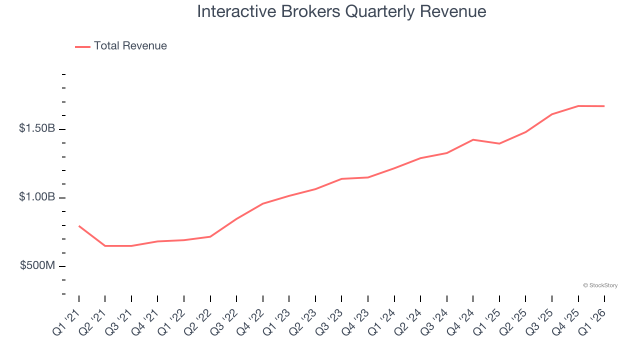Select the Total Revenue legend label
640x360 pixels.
(130, 46)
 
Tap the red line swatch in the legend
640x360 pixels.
(82, 46)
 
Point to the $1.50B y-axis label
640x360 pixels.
(37, 128)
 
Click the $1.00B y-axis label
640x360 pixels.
(37, 197)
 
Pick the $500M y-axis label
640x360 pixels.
(37, 265)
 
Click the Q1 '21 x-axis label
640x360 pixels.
(65, 321)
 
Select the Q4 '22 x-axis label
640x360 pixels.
(249, 321)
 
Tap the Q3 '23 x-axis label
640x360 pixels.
(328, 321)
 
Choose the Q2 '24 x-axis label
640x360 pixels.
(407, 321)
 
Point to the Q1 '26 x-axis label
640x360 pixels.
(591, 321)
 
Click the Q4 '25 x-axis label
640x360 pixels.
(565, 321)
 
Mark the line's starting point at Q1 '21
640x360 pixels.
(79, 226)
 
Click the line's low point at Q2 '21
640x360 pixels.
(105, 246)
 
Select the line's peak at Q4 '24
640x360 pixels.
(473, 139)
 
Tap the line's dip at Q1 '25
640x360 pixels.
(499, 143)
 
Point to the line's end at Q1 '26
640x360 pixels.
(604, 106)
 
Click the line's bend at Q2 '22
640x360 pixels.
(210, 236)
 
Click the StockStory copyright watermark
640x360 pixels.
(600, 285)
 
